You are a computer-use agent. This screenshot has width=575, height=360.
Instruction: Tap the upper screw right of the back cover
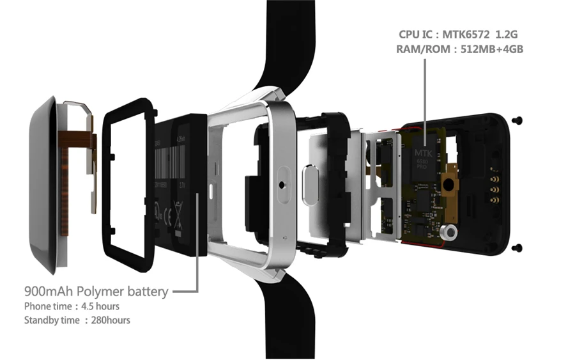518,120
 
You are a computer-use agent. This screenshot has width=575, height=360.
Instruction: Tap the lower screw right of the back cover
518,247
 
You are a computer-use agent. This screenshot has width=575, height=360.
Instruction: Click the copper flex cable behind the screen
75,163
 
